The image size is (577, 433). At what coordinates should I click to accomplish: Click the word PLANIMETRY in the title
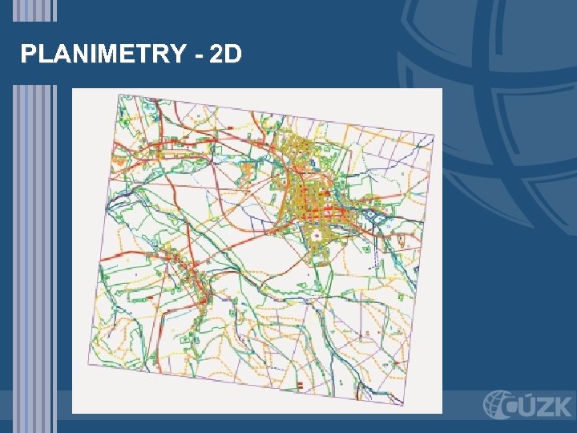[x=102, y=55]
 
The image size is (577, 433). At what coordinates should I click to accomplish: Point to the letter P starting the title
[x=28, y=55]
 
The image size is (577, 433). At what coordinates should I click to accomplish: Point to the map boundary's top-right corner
[x=434, y=134]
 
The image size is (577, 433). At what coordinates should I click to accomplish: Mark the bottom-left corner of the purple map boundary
[x=88, y=365]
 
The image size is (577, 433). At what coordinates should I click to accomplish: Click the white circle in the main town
[x=317, y=236]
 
